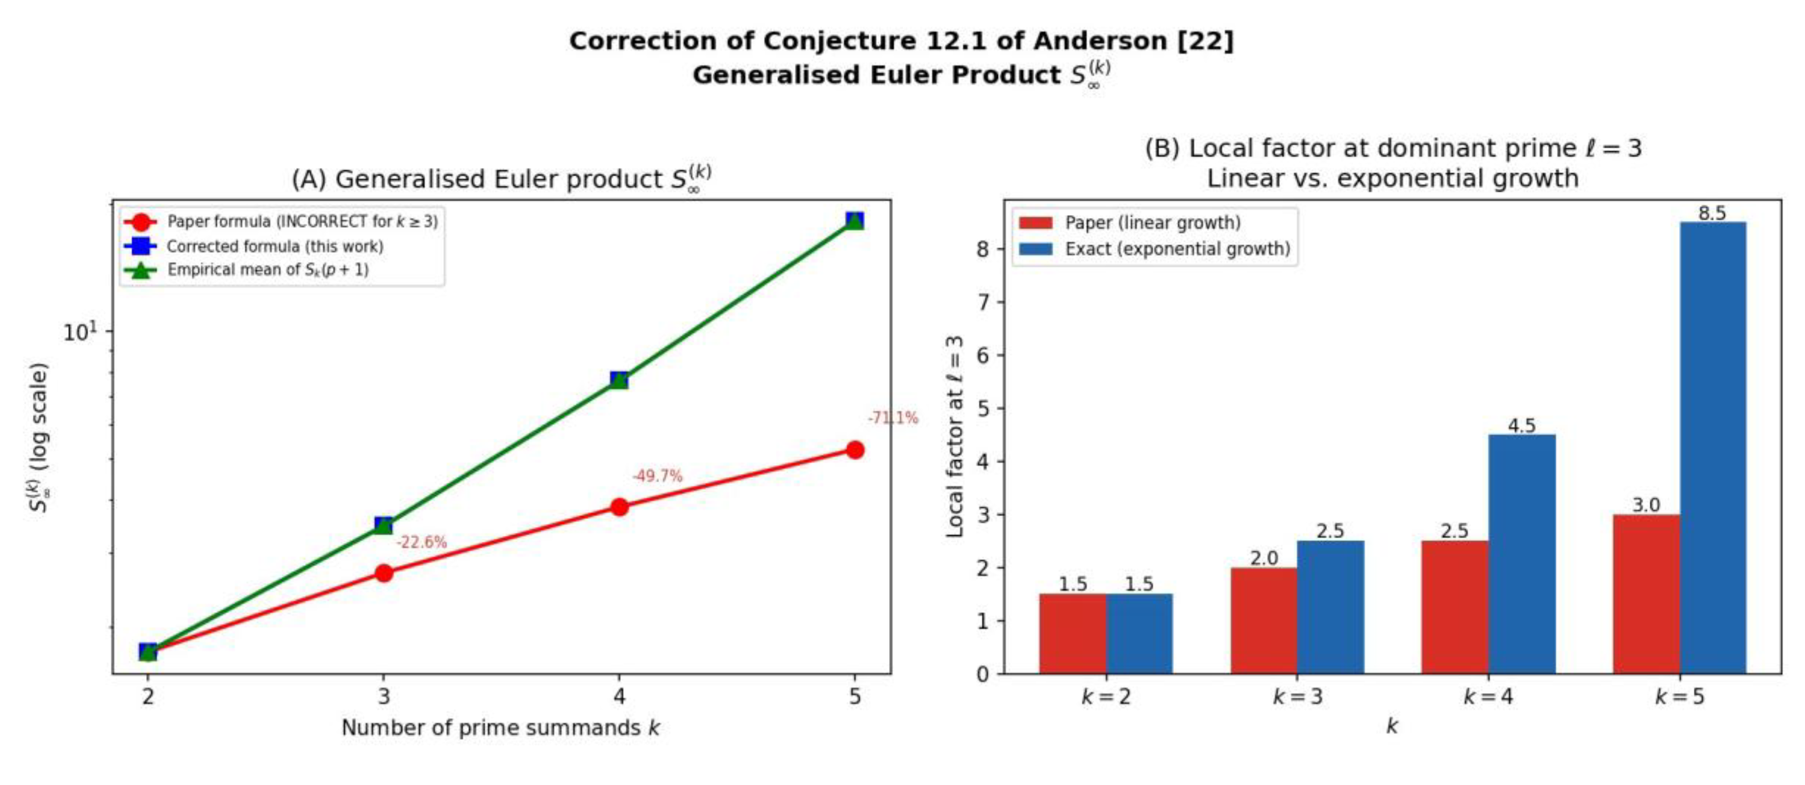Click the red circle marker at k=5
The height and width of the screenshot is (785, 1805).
854,450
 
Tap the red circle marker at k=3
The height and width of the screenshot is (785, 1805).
383,573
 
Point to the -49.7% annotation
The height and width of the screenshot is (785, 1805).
657,476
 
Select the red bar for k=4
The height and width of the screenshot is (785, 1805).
1455,607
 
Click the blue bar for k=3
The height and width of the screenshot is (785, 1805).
1330,607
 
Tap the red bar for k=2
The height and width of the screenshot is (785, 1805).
1073,634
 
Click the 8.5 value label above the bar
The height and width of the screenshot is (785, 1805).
1712,213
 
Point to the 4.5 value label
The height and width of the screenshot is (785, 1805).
1522,425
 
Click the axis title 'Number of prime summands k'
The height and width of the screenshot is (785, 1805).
500,728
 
